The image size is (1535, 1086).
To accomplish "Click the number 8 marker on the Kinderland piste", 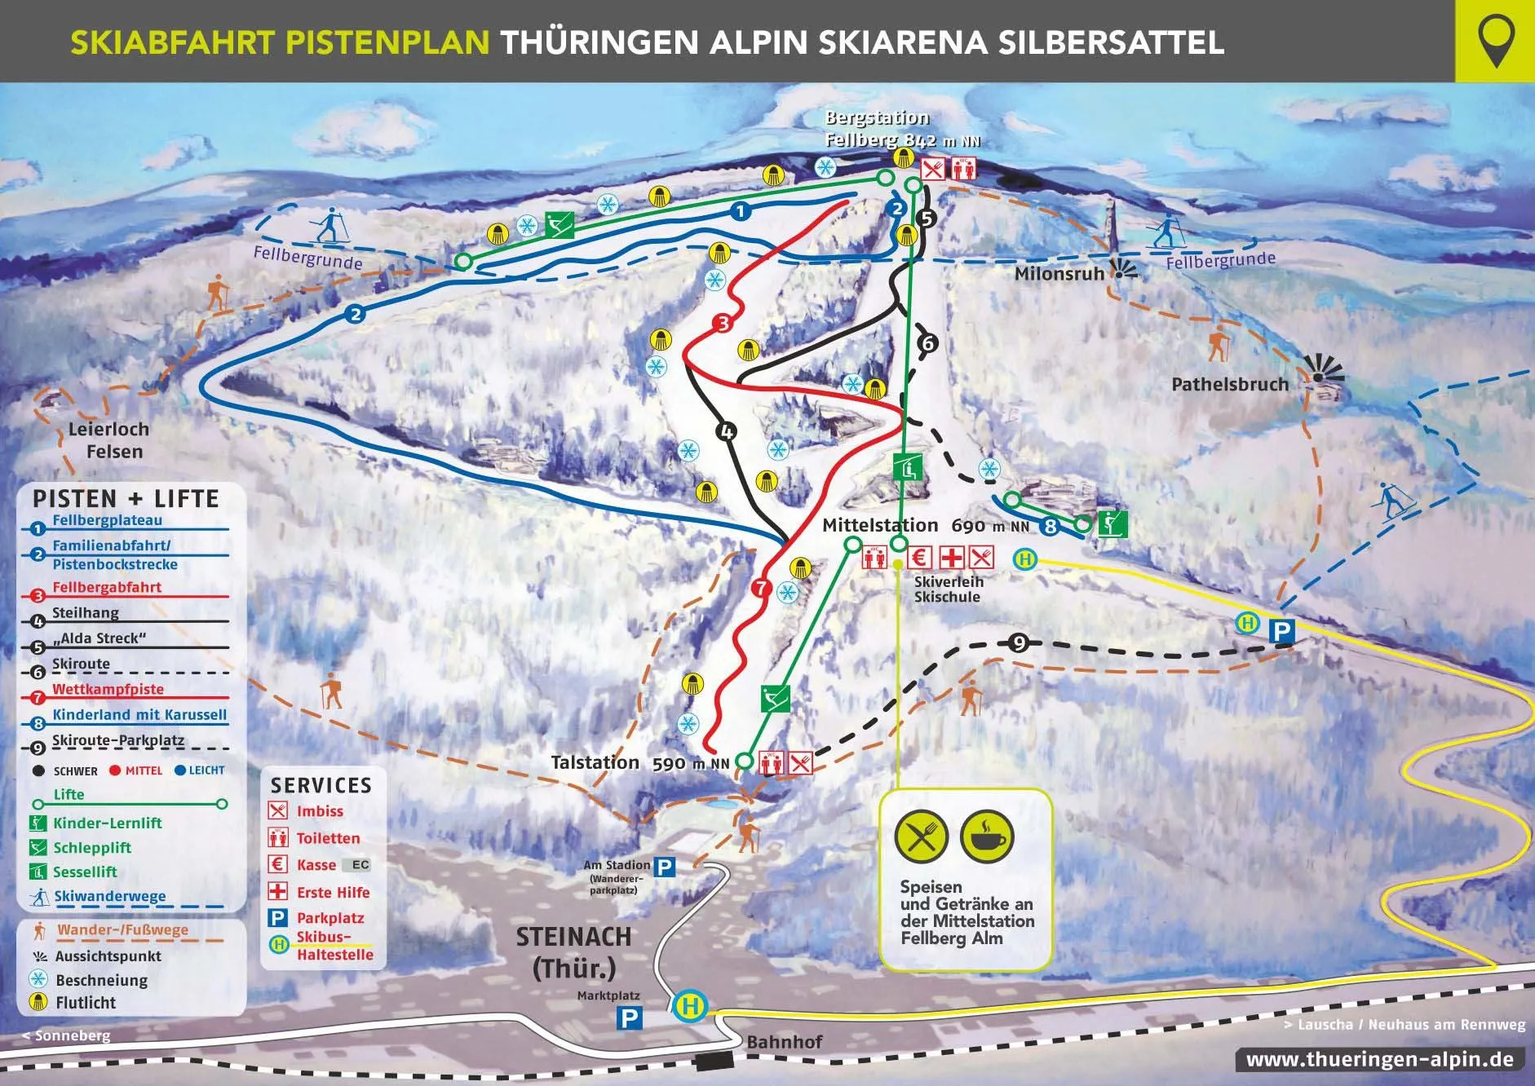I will pos(1051,527).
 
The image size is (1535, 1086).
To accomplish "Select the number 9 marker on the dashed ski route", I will pos(1019,643).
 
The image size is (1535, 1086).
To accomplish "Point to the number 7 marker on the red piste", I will pos(761,587).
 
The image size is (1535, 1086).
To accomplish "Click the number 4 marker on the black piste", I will pos(726,431).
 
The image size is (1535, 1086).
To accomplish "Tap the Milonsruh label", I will pos(1059,274).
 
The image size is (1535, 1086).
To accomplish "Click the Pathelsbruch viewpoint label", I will pos(1229,385).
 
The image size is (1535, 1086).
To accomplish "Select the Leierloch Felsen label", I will pos(108,440).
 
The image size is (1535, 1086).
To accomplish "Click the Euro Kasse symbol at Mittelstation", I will pos(920,558).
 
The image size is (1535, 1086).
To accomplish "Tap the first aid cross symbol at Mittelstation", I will pos(951,558).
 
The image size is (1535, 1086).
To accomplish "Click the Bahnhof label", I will pos(784,1041).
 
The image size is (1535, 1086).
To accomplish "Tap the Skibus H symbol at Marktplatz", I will pos(690,1006).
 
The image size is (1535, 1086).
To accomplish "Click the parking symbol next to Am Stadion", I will pos(666,867).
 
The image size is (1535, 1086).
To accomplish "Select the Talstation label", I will pos(595,763).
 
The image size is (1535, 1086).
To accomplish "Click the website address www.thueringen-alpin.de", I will pos(1379,1061).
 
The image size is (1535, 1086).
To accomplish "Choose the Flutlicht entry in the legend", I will pos(86,1003).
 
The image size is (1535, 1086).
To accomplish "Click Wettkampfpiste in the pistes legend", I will pos(108,690).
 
